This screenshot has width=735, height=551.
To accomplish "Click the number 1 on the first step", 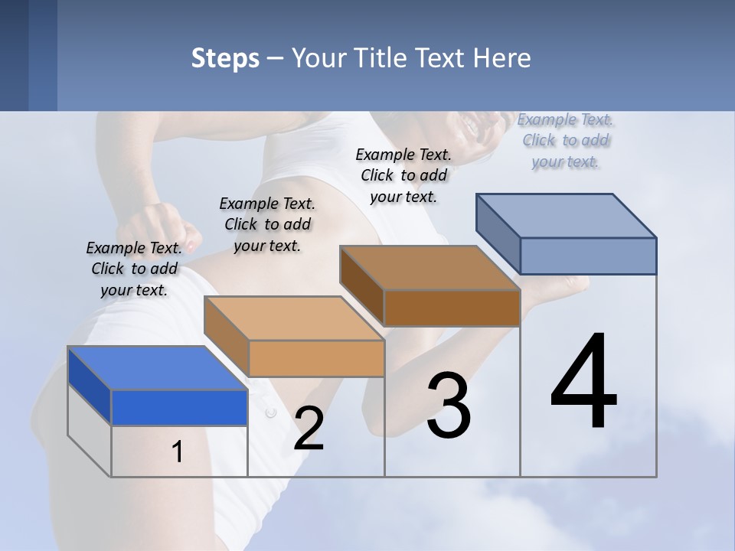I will (178, 452).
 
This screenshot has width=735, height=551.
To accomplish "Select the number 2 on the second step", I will (309, 429).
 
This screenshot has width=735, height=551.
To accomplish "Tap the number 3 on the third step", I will (449, 406).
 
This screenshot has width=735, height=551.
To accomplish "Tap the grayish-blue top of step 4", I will (567, 216).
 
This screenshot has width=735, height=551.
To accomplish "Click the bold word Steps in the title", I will (225, 58).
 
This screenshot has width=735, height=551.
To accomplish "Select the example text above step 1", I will (134, 269).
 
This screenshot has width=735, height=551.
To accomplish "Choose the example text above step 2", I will (267, 224).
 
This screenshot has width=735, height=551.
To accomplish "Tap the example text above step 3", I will (403, 175).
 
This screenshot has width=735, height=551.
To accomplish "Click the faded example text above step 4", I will (565, 140).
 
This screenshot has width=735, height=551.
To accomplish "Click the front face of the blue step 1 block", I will (179, 407).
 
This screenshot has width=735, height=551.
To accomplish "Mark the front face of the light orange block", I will (316, 358).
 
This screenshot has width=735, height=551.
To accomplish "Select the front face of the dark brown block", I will (452, 308).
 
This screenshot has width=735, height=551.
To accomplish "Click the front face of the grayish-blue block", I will (588, 256).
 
